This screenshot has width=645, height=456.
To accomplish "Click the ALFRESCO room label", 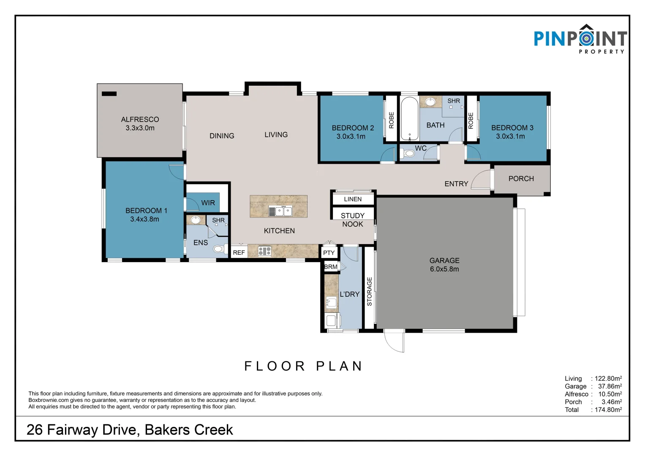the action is coord(140,119).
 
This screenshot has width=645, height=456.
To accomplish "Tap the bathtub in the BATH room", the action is coord(409,119).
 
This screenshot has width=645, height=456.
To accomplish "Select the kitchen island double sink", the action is coord(280,211).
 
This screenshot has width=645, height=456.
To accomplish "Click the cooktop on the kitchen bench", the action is coord(264,251).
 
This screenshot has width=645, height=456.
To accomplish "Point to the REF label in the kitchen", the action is coord(239,252).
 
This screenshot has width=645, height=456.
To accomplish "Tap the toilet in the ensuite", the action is coord(220,249).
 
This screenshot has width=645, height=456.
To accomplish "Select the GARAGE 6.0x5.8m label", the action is coord(444,265).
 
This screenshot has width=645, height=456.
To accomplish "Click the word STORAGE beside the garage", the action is coord(370,291).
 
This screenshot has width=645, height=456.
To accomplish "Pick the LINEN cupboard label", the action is coord(353,199).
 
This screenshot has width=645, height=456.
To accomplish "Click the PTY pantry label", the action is coord(329,253).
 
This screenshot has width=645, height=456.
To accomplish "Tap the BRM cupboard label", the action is coord(331,266).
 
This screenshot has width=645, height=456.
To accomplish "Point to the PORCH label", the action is coord(521,179).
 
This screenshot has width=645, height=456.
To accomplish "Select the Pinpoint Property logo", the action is coord(580,39).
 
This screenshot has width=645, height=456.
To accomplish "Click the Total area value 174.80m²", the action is coord(608,410).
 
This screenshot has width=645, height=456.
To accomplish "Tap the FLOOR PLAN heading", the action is coord(303,366).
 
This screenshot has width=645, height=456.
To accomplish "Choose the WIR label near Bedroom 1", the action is coord(208,203).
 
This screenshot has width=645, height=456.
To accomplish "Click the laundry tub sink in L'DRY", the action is coord(332,302).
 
